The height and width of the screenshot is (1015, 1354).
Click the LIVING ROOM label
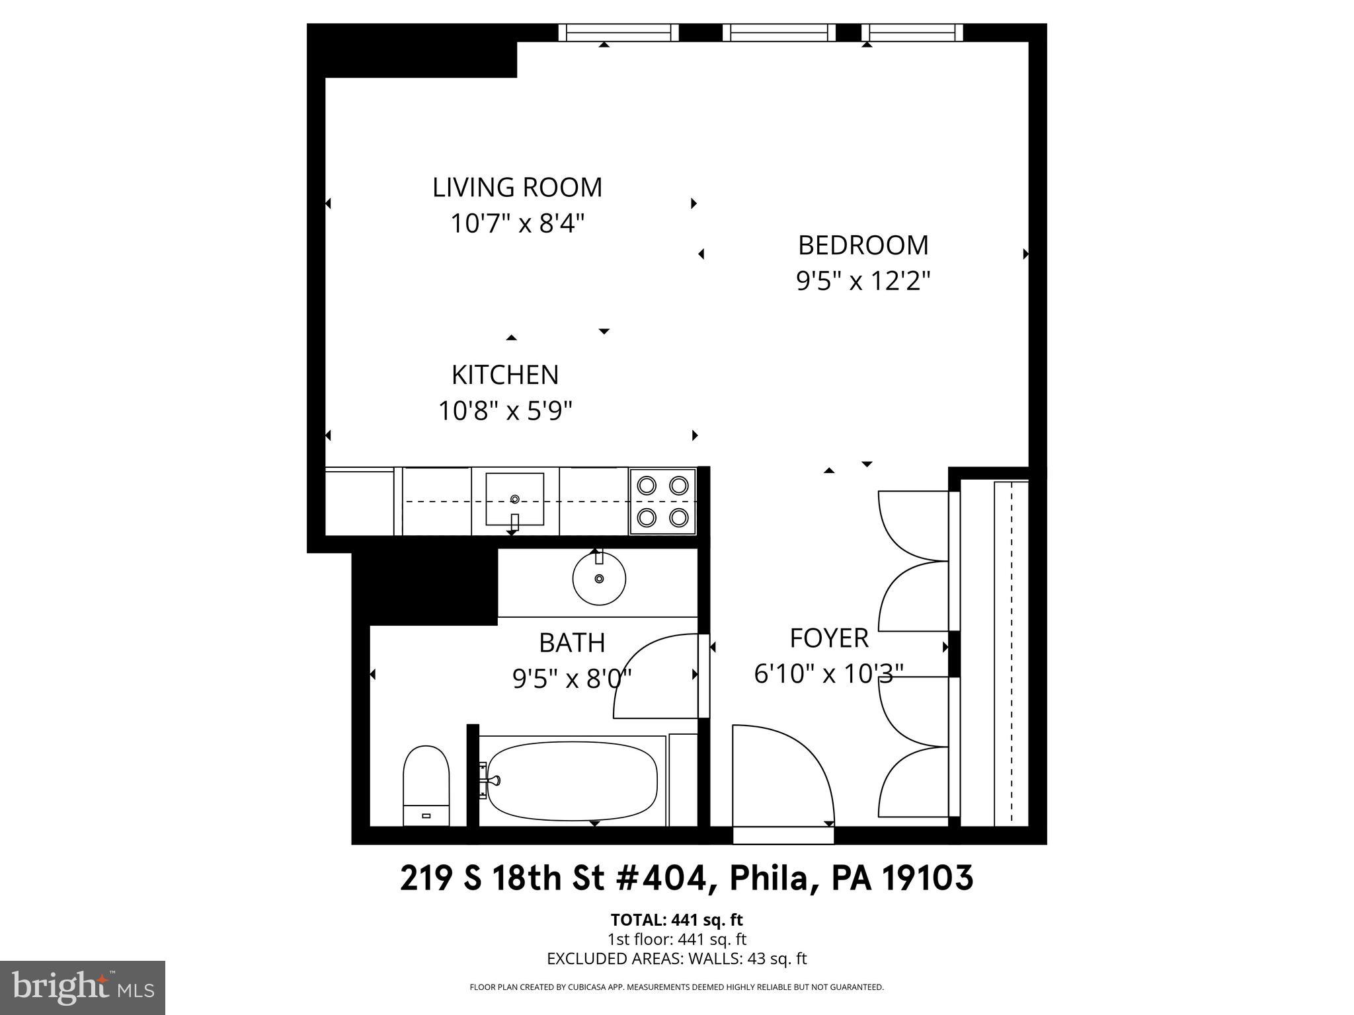tap(517, 188)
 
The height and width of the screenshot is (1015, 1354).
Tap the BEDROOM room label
tap(863, 245)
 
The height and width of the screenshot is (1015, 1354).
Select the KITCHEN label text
tap(505, 375)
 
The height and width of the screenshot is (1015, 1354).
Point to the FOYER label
tap(829, 638)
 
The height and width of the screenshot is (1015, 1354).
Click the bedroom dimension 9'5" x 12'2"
tap(863, 282)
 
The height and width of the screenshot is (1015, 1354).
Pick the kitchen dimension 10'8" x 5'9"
tap(505, 412)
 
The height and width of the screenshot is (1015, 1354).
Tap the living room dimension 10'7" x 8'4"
tap(517, 224)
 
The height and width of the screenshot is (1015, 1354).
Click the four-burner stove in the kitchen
tap(662, 501)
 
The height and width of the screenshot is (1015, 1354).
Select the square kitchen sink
tap(514, 499)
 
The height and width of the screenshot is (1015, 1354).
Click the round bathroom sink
tap(599, 580)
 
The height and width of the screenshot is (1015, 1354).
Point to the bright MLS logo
tap(83, 988)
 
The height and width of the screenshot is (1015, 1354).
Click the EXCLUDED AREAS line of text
tap(677, 959)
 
